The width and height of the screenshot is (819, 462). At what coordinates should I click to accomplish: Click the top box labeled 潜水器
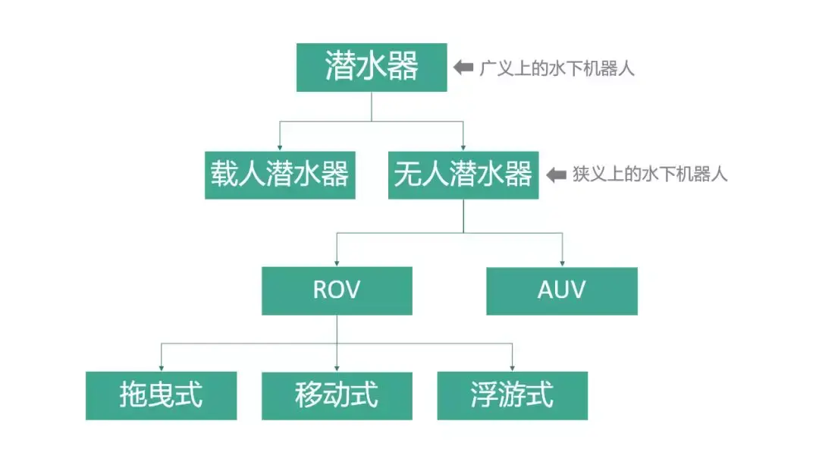(x=371, y=68)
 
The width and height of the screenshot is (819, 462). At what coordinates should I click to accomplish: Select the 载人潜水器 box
(x=280, y=175)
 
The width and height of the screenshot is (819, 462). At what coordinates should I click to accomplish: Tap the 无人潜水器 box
(x=463, y=175)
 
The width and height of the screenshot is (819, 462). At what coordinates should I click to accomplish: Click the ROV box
(x=337, y=291)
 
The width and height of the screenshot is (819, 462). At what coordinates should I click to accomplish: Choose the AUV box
(x=561, y=291)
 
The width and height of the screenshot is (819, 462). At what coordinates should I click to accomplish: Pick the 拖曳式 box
(x=161, y=395)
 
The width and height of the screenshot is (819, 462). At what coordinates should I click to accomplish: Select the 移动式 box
(x=337, y=395)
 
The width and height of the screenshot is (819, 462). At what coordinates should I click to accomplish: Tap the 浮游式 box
(x=512, y=395)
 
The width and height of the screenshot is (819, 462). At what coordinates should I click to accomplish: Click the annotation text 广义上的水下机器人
(x=557, y=68)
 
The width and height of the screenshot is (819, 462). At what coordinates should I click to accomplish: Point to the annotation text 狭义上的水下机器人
(x=650, y=175)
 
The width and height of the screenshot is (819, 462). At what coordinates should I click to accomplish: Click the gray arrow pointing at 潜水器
(x=463, y=68)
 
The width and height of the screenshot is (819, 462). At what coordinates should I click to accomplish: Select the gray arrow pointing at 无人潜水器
(x=557, y=175)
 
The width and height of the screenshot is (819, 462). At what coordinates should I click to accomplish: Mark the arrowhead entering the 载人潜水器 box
(x=280, y=147)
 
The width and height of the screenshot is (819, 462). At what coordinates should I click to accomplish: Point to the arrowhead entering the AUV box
(x=562, y=262)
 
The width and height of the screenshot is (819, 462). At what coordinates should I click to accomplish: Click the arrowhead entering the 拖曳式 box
(x=161, y=367)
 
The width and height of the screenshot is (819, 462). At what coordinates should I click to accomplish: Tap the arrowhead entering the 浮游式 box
(x=513, y=367)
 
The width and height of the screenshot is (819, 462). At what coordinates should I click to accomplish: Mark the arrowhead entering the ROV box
(x=337, y=262)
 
